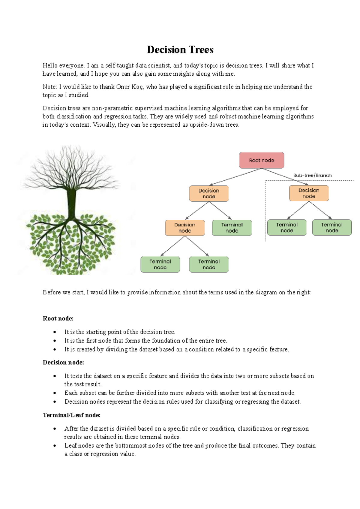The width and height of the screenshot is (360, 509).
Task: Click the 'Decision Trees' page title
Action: pos(180,50)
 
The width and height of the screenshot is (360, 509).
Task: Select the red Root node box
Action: pos(262,160)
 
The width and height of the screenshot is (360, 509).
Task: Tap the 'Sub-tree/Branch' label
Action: pos(312,175)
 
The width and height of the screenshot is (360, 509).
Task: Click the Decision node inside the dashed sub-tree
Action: pos(309,193)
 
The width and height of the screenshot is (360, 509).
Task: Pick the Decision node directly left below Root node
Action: pos(208,194)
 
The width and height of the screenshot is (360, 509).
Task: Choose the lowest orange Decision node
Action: pos(184,228)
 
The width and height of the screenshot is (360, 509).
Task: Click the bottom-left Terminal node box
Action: pos(160,264)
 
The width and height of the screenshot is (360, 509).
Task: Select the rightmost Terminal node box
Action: pos(331,227)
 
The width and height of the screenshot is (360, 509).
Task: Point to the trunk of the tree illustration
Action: pos(71,204)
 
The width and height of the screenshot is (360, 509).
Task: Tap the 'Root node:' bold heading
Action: pos(58,318)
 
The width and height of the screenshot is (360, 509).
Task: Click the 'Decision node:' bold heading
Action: pos(63,363)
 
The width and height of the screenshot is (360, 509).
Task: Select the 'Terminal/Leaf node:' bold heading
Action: pos(71,415)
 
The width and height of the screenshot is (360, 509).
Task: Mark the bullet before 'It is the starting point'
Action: pos(55,332)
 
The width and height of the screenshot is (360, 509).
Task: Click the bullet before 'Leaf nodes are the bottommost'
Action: pos(55,446)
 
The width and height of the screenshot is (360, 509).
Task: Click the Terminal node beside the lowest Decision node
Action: pos(232,228)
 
